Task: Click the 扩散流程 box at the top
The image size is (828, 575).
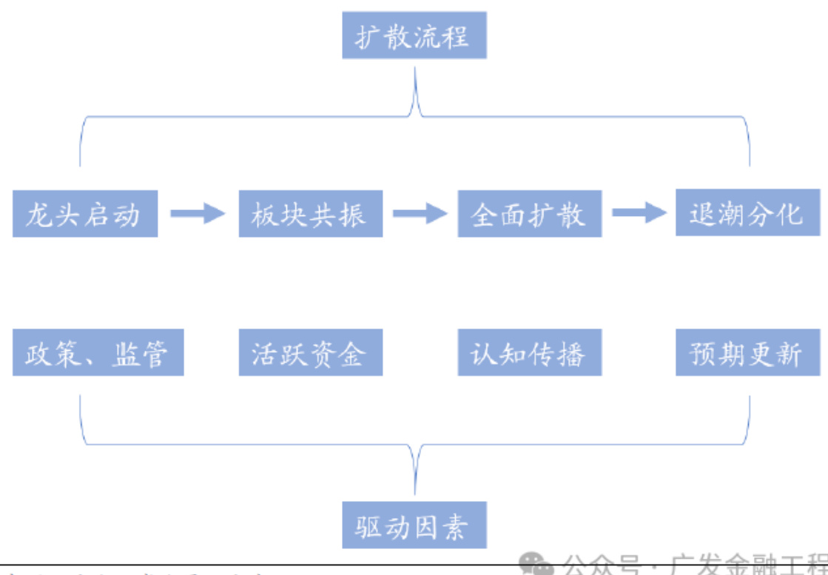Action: pyautogui.click(x=414, y=36)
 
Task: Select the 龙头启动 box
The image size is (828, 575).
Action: pyautogui.click(x=85, y=214)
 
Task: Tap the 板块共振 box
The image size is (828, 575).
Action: pyautogui.click(x=310, y=214)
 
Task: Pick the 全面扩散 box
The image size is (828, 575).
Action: pyautogui.click(x=529, y=214)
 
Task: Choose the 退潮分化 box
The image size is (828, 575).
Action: pyautogui.click(x=747, y=213)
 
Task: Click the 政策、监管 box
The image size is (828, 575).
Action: pyautogui.click(x=98, y=354)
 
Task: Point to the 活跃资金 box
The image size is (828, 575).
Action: pyautogui.click(x=310, y=354)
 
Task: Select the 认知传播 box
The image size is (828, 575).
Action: pyautogui.click(x=529, y=354)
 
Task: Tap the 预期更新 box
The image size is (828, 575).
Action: pyautogui.click(x=747, y=354)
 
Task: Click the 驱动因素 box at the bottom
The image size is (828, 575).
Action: pyautogui.click(x=414, y=526)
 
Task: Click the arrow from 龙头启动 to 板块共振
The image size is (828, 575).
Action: pyautogui.click(x=198, y=214)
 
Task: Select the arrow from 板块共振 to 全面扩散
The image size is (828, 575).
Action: pyautogui.click(x=420, y=214)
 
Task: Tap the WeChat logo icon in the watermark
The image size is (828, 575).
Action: pyautogui.click(x=536, y=566)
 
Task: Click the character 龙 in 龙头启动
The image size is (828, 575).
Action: pyautogui.click(x=38, y=214)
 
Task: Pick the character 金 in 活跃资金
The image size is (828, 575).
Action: pyautogui.click(x=354, y=354)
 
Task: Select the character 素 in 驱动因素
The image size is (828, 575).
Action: pyautogui.click(x=456, y=526)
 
